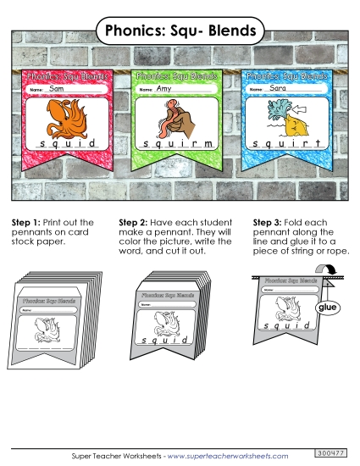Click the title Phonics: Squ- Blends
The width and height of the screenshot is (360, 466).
pyautogui.click(x=180, y=31)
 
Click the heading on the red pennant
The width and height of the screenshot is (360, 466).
pyautogui.click(x=68, y=76)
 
